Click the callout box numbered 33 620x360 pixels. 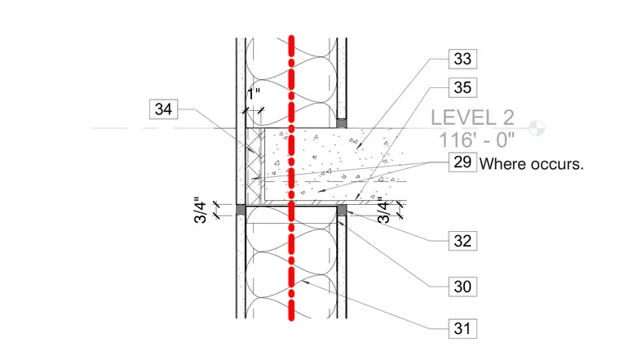point(463,59)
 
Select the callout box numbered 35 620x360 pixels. point(463,87)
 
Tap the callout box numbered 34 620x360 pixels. point(164,109)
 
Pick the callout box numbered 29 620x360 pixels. point(463,162)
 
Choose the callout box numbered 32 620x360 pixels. point(463,241)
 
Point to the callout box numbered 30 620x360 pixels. point(463,287)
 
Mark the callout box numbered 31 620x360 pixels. point(463,329)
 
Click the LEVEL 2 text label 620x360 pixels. point(472,118)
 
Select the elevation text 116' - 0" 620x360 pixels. point(477,140)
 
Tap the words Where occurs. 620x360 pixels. point(531,164)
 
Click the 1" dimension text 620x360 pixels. point(254,94)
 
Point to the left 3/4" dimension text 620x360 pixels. point(201,210)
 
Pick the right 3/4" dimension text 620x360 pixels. point(383,210)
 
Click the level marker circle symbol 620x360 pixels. point(537,128)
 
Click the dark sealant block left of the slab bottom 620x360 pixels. point(241,210)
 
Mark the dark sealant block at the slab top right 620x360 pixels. point(342,123)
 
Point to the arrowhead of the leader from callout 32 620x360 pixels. point(349,214)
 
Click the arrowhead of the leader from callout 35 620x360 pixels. point(357,197)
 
